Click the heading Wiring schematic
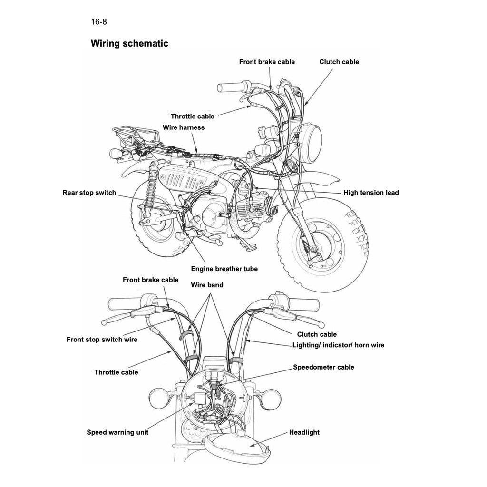[129, 44]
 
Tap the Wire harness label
[184, 127]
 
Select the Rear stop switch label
[89, 193]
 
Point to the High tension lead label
[371, 193]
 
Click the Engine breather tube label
[224, 269]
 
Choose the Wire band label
[207, 285]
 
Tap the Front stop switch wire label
[102, 340]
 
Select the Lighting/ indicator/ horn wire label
[338, 345]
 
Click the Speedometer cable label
[323, 367]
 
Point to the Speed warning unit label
[117, 432]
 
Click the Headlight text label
[304, 432]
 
